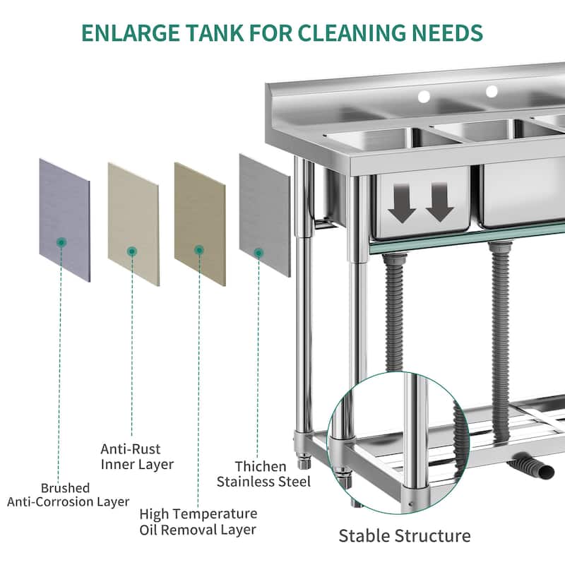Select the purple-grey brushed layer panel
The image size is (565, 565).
pyautogui.click(x=64, y=219)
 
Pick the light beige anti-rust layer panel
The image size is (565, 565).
pyautogui.click(x=133, y=223)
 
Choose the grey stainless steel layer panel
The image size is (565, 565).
pyautogui.click(x=264, y=215)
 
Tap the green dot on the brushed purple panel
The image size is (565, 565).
pyautogui.click(x=61, y=242)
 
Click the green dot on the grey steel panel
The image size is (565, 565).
pyautogui.click(x=258, y=251)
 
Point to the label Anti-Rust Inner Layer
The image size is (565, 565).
pyautogui.click(x=136, y=456)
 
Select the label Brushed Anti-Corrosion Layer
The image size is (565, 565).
pyautogui.click(x=69, y=494)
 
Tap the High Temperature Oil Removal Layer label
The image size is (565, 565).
pyautogui.click(x=198, y=522)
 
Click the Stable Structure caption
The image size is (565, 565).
pyautogui.click(x=405, y=535)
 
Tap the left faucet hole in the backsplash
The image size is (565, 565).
pyautogui.click(x=424, y=95)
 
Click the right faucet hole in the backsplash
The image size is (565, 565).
pyautogui.click(x=492, y=90)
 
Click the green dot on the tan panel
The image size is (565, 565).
pyautogui.click(x=199, y=250)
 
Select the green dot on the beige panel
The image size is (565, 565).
pyautogui.click(x=131, y=250)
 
